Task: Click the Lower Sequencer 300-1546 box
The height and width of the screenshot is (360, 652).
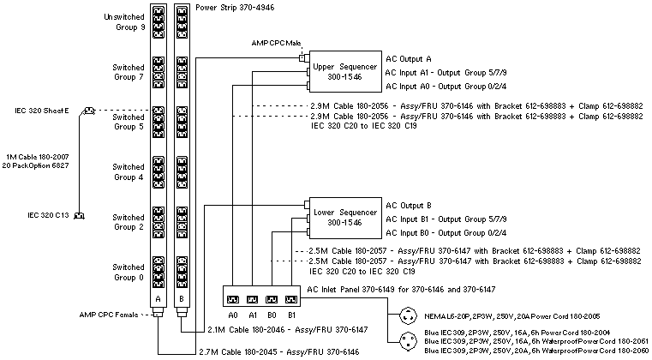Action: (344, 217)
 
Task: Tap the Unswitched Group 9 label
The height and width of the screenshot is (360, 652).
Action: (123, 21)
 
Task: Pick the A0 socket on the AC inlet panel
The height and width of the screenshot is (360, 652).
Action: (232, 299)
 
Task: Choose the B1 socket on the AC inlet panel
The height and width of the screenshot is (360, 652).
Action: (291, 299)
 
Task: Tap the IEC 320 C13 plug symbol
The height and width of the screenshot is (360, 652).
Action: (79, 215)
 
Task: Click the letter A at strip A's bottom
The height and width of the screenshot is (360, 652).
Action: (159, 297)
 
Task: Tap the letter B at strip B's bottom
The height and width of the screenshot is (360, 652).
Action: (180, 297)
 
